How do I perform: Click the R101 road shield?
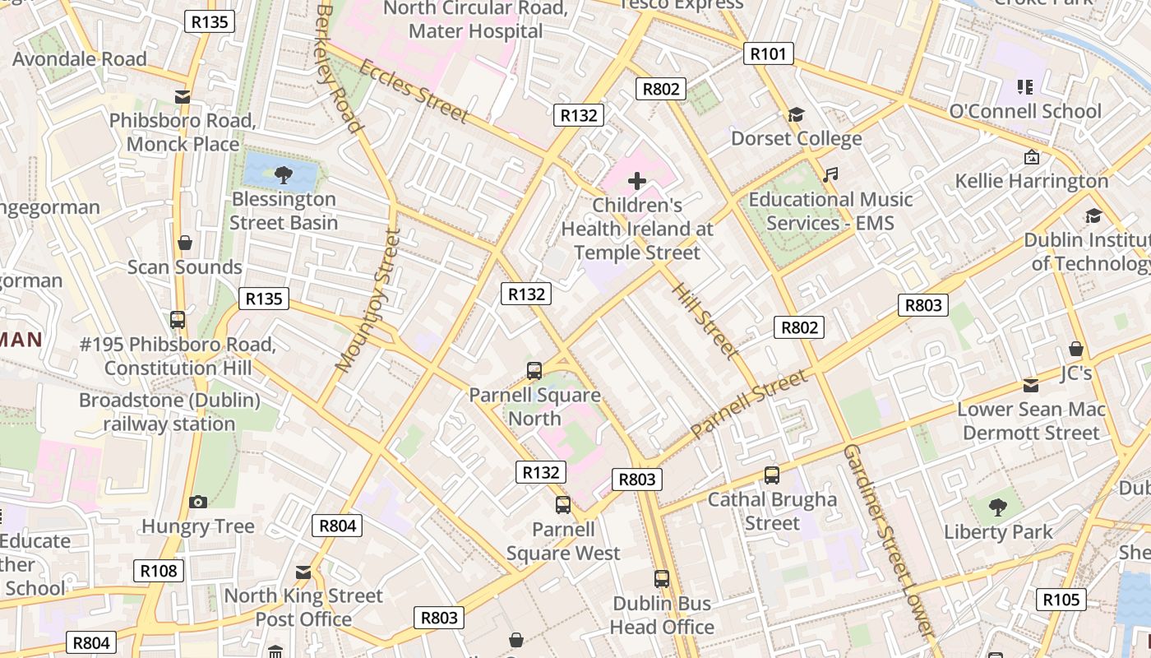(769, 54)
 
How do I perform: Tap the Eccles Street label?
(414, 90)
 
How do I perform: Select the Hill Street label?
(704, 321)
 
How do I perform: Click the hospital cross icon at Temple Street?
(637, 181)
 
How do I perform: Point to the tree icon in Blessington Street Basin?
(284, 174)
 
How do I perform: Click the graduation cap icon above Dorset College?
(796, 114)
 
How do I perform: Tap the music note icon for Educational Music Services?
(831, 174)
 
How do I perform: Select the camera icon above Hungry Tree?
(198, 502)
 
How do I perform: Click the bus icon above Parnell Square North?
(534, 371)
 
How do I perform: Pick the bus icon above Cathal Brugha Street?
(771, 475)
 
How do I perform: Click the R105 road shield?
(1061, 600)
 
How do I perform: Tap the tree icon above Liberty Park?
(998, 507)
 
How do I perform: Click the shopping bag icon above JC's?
(1075, 350)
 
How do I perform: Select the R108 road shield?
(159, 571)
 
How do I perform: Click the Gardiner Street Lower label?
(887, 539)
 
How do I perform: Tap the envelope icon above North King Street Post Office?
(303, 572)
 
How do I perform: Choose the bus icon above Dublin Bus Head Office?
(662, 579)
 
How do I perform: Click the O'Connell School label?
(1025, 111)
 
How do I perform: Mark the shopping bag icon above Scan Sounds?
(185, 243)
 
